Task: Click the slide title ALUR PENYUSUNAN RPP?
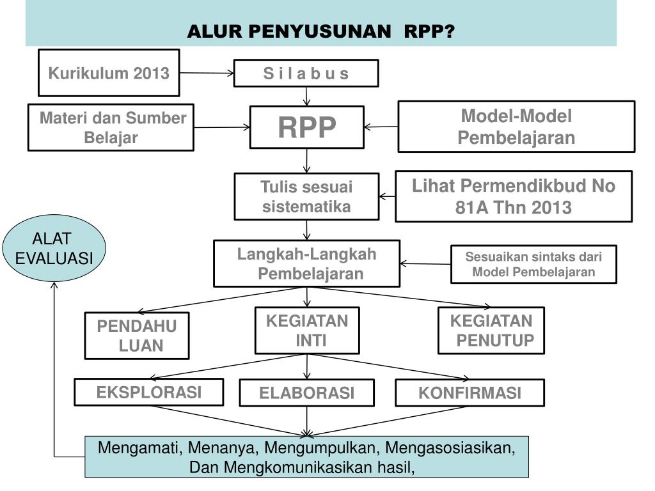coord(320,31)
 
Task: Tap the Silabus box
coord(306,74)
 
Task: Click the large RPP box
coord(306,127)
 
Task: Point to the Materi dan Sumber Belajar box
coord(111,127)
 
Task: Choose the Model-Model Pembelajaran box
coord(516,127)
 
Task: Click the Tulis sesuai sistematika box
coord(306,197)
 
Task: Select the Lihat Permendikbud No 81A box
coord(514,196)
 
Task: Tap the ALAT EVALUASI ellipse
coord(54,249)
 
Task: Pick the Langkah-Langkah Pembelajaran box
coord(306,263)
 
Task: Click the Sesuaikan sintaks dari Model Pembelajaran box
coord(533,264)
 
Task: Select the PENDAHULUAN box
coord(137,336)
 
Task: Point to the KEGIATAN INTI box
coord(307,330)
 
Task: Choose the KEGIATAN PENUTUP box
coord(491,330)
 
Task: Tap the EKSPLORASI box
coord(149,392)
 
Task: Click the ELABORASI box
coord(306,393)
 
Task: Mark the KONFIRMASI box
coord(470,393)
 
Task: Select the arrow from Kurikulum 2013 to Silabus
coord(207,74)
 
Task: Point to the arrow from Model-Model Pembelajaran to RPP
coord(381,127)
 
